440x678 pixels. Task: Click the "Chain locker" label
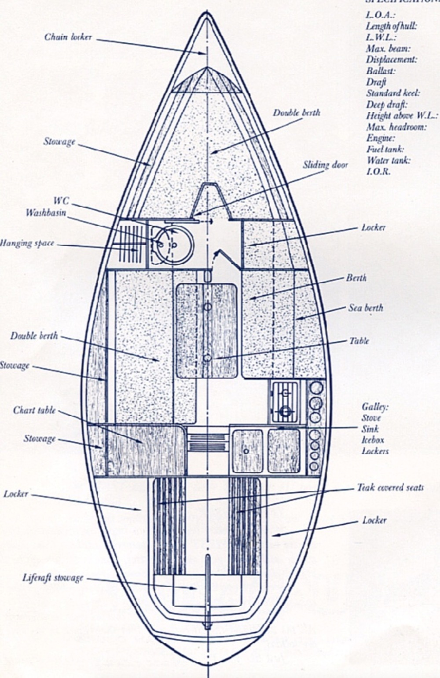point(68,37)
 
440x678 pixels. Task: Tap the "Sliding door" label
point(325,165)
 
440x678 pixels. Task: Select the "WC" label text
point(61,201)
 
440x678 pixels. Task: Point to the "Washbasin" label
point(46,213)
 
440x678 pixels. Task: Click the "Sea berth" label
point(366,308)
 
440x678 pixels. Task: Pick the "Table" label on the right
point(359,341)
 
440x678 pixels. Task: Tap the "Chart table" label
point(34,410)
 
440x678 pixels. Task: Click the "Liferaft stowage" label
point(53,578)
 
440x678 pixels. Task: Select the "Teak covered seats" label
point(390,487)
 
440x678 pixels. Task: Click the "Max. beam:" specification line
point(389,48)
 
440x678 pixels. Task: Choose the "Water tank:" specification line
point(388,161)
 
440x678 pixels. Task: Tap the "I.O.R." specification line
point(378,172)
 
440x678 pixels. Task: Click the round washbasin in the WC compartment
point(175,245)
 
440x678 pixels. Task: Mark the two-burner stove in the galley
point(285,402)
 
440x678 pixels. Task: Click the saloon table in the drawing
point(206,330)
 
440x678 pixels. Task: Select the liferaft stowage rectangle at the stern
point(207,590)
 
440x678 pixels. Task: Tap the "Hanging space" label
point(26,243)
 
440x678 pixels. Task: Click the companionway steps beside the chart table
point(207,442)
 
